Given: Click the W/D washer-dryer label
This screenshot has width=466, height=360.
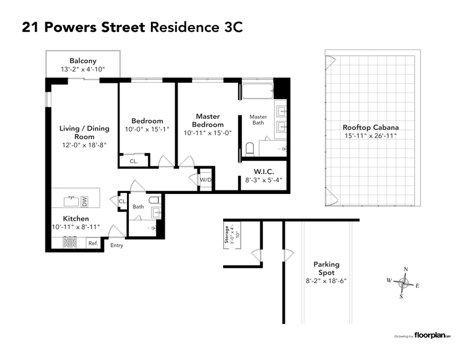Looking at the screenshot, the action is tap(205, 180).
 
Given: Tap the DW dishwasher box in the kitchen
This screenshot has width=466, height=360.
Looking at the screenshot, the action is tap(84, 202).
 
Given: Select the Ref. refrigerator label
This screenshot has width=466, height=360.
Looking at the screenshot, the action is tap(93, 243).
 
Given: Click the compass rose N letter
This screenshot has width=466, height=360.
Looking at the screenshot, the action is tap(405, 269).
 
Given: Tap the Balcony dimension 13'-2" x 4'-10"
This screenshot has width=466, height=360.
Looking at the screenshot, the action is tap(83, 70).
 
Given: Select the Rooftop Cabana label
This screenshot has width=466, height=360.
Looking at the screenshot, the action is tap(370, 127).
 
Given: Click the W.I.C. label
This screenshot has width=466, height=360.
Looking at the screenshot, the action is tap(263, 172).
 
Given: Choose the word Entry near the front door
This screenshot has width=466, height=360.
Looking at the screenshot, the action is tap(117, 245).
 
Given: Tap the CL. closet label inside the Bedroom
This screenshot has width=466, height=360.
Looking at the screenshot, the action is tap(133, 161).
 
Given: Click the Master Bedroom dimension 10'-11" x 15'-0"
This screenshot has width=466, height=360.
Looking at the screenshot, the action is tap(208, 133).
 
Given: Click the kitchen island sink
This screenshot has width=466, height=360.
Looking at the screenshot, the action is tap(72, 200).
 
